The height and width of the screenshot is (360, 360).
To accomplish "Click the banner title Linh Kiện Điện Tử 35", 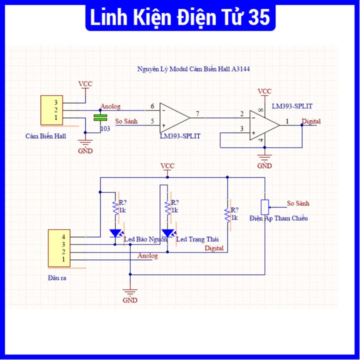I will point(179,18).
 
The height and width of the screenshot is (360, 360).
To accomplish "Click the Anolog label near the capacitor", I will point(110,106).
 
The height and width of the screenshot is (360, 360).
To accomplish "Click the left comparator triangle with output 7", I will point(174,118).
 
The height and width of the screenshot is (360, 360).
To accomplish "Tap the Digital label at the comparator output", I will point(311,121).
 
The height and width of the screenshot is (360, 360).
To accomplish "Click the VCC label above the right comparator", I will point(264,91).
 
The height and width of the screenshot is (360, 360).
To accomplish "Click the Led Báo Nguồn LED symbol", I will point(115,233).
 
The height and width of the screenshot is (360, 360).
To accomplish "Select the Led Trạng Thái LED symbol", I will point(167,233).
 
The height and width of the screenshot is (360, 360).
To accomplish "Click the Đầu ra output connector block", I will point(58,248).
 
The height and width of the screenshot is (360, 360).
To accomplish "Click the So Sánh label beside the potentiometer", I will point(298,203).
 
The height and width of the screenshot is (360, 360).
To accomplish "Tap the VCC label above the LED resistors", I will point(167,165).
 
